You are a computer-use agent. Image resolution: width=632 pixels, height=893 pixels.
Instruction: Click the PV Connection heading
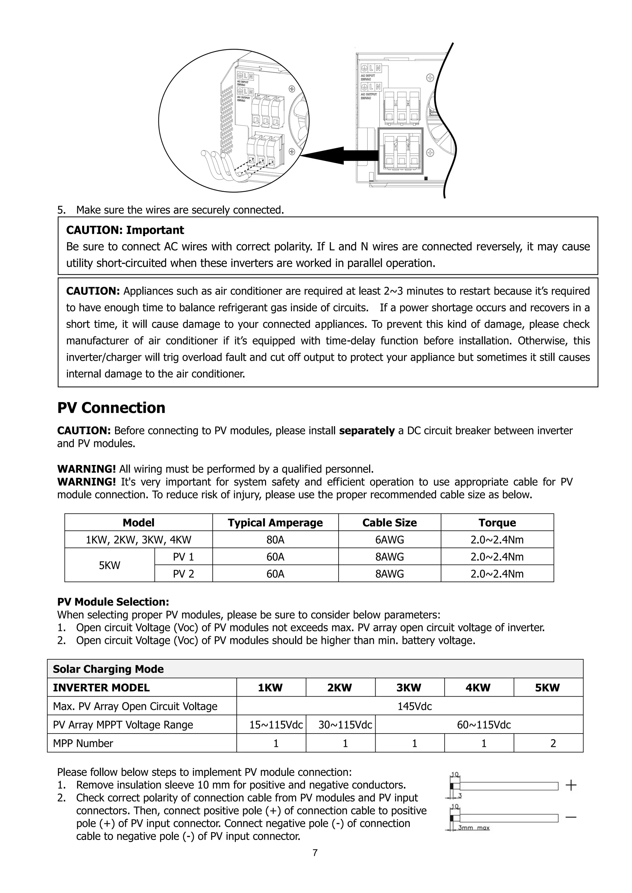111,408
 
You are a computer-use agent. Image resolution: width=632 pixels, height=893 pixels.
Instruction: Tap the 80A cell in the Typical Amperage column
275,540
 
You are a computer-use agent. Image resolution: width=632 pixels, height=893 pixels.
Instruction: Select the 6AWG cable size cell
389,540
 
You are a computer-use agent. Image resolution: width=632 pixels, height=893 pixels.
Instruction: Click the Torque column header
497,523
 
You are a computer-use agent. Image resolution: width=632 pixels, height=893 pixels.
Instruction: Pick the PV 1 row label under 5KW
183,557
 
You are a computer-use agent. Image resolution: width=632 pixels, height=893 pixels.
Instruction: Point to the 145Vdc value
414,706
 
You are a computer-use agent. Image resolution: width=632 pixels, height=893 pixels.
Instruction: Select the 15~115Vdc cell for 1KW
276,725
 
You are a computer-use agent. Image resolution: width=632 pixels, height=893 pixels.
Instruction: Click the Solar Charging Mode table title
108,669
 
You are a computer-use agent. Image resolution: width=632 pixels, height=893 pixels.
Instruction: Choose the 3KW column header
409,688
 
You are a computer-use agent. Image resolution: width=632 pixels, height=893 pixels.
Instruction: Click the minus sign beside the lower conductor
571,817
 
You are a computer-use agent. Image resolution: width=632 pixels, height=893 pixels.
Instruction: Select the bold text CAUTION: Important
125,230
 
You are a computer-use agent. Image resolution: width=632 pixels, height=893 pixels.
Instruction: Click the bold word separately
367,431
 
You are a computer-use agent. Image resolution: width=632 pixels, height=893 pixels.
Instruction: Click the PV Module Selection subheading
113,602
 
